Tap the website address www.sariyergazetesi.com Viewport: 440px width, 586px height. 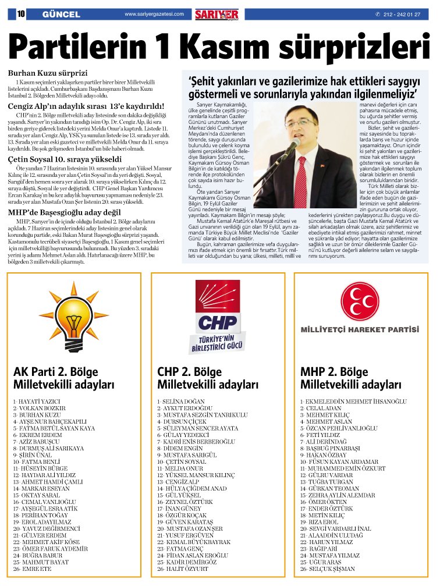154,14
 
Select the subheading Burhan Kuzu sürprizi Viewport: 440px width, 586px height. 47,74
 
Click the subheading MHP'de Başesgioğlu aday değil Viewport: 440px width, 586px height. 64,212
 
